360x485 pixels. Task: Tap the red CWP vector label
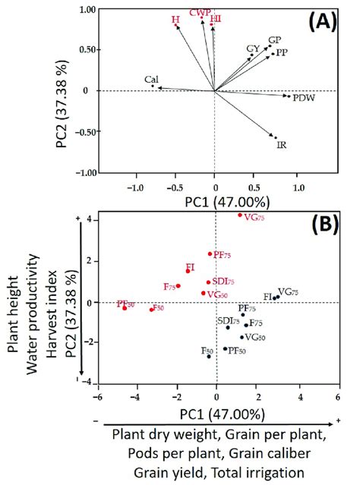point(201,12)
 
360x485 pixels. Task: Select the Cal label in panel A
point(152,79)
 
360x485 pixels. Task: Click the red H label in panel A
point(175,18)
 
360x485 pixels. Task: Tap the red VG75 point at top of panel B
point(240,215)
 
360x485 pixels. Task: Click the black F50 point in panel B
point(209,355)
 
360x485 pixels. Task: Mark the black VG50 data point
point(242,337)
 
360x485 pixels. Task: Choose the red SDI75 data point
point(208,282)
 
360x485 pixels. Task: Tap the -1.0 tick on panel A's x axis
point(135,184)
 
